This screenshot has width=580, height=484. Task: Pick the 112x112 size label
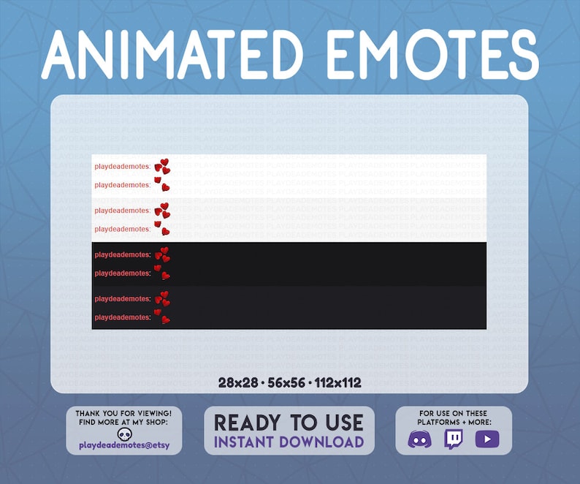point(337,382)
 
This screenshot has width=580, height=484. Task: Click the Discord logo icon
point(419,439)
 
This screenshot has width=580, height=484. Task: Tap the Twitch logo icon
point(454,439)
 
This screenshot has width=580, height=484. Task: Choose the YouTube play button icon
point(486,439)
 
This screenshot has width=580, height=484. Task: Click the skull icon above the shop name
point(125,434)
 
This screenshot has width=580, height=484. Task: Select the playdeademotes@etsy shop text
point(124,445)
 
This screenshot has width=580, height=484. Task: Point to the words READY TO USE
point(289,423)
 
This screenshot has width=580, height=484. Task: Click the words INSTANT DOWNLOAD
point(289,442)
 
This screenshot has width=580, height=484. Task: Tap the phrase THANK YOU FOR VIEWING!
point(124,413)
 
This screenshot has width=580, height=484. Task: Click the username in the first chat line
point(122,167)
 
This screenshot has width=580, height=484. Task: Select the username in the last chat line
point(122,317)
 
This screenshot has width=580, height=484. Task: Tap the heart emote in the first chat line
point(162,166)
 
